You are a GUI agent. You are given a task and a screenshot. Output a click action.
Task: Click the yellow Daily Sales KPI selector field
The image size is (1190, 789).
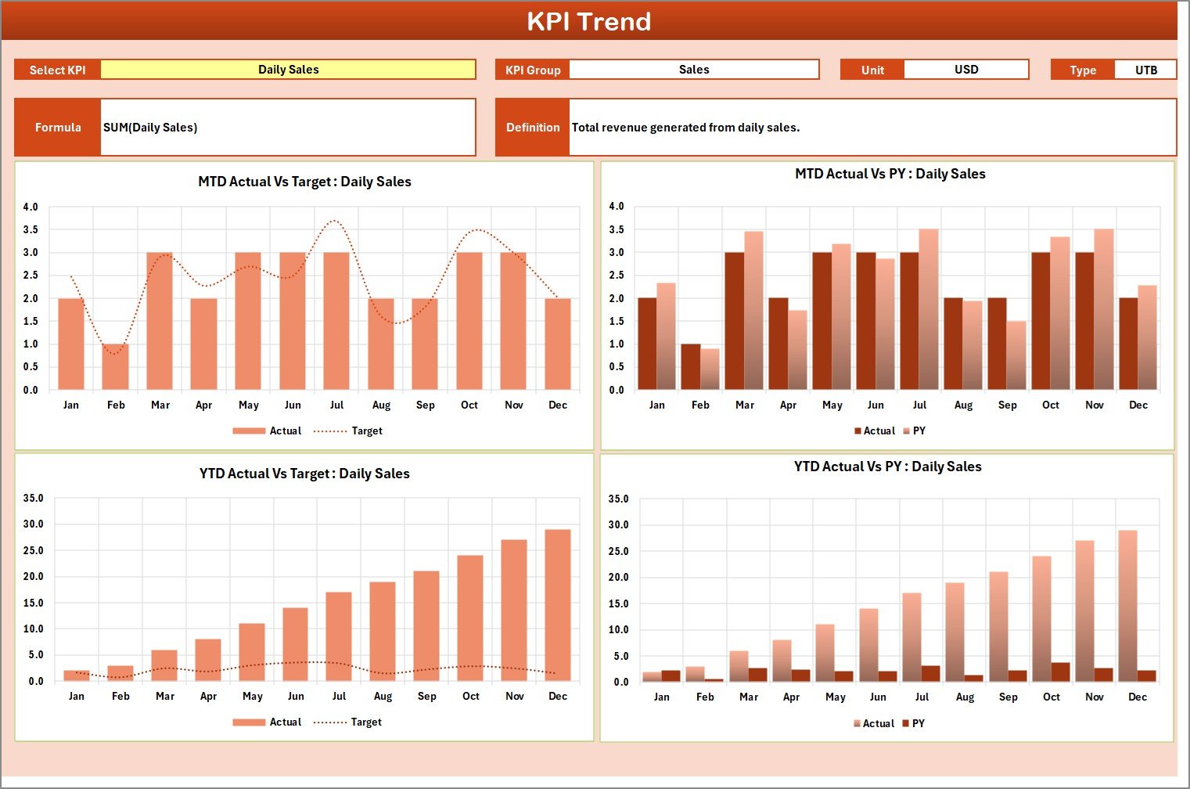pyautogui.click(x=288, y=70)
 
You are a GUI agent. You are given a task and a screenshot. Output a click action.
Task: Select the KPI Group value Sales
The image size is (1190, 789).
pyautogui.click(x=693, y=70)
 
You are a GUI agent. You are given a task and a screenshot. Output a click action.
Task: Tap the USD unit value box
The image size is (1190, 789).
pyautogui.click(x=965, y=70)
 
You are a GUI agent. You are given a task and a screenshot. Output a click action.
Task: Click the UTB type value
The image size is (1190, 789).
pyautogui.click(x=1145, y=70)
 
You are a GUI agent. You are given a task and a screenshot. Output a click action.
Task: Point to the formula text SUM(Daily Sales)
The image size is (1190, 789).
pyautogui.click(x=150, y=128)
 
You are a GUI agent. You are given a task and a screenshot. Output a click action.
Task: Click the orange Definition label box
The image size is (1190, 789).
pyautogui.click(x=532, y=128)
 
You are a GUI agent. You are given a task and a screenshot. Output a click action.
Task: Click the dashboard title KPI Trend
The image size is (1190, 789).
pyautogui.click(x=588, y=21)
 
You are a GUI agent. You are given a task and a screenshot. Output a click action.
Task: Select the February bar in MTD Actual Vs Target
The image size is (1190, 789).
pyautogui.click(x=115, y=367)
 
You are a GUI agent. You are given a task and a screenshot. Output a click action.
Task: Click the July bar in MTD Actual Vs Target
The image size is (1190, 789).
pyautogui.click(x=336, y=321)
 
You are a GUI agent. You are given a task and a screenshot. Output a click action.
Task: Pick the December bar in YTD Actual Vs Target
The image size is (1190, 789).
pyautogui.click(x=558, y=605)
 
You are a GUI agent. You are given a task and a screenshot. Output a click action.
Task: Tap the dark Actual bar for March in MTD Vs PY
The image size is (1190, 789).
pyautogui.click(x=735, y=321)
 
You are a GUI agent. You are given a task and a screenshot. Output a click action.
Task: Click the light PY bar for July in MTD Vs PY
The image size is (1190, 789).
pyautogui.click(x=929, y=309)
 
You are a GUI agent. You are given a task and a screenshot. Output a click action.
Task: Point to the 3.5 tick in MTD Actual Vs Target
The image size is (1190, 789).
pyautogui.click(x=31, y=230)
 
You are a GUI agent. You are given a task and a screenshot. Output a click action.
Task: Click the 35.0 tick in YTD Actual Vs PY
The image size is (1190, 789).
pyautogui.click(x=618, y=499)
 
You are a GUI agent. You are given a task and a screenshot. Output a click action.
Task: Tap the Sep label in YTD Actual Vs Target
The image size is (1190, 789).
pyautogui.click(x=426, y=697)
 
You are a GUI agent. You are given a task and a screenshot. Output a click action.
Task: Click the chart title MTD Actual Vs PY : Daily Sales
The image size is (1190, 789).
pyautogui.click(x=890, y=174)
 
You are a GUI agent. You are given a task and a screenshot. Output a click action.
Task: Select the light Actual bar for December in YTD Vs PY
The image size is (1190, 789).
pyautogui.click(x=1127, y=606)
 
